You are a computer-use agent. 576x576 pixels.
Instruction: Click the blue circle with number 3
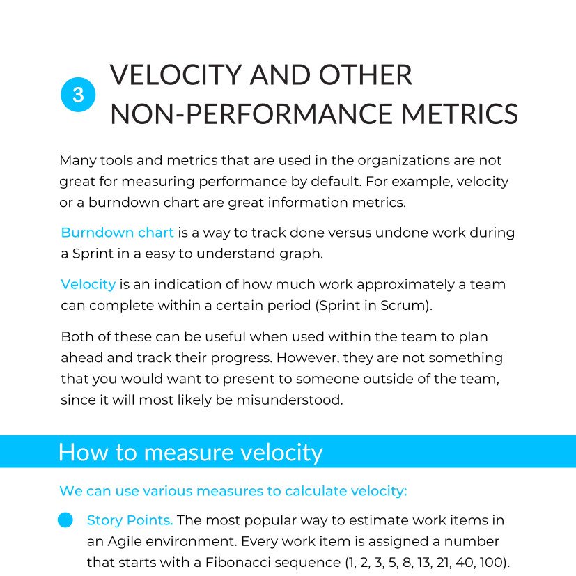[78, 95]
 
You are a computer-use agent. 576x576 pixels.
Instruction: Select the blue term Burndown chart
[117, 232]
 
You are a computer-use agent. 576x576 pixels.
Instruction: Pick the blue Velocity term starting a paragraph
[88, 284]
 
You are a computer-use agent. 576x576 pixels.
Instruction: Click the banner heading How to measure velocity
[190, 452]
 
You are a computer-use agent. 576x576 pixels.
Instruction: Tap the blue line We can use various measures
[233, 491]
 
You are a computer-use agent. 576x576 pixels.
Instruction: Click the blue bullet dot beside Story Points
[65, 520]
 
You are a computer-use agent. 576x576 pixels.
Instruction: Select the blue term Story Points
[130, 520]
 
